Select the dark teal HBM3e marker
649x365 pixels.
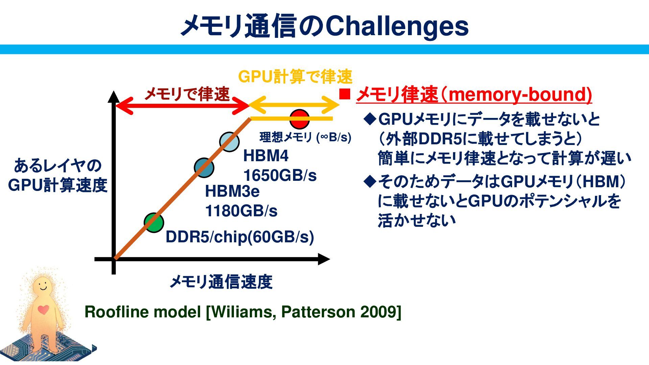[204, 168]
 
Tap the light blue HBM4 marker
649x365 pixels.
[229, 142]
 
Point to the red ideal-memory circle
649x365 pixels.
[299, 119]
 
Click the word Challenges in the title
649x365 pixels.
[397, 26]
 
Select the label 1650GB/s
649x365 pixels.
[280, 176]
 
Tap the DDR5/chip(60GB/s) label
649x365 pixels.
[240, 237]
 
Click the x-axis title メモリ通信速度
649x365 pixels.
[221, 282]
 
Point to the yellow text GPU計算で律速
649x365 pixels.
[295, 77]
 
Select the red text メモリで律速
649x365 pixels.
[187, 94]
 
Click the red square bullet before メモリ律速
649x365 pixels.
[344, 94]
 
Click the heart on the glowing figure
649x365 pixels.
[43, 309]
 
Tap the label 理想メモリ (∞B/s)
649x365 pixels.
[305, 137]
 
